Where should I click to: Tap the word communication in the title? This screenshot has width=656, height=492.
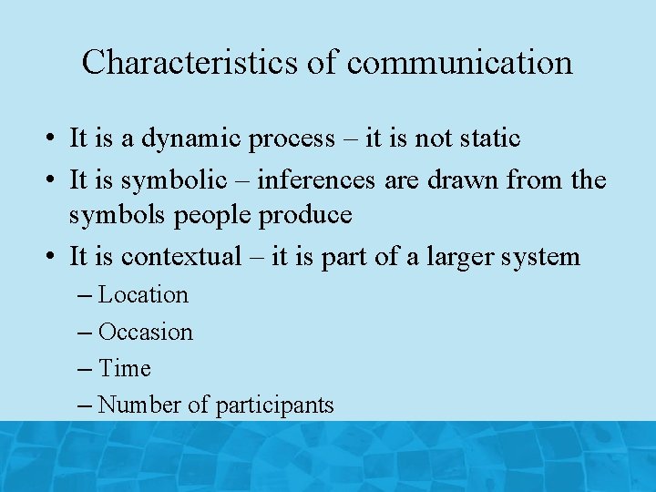pos(460,62)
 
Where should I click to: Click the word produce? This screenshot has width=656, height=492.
pos(306,215)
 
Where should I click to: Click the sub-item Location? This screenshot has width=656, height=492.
pos(143,295)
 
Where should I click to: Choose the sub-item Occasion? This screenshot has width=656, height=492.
pos(146,332)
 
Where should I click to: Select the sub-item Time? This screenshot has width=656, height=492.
pos(125,368)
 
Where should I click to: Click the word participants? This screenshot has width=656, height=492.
pos(275,405)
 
